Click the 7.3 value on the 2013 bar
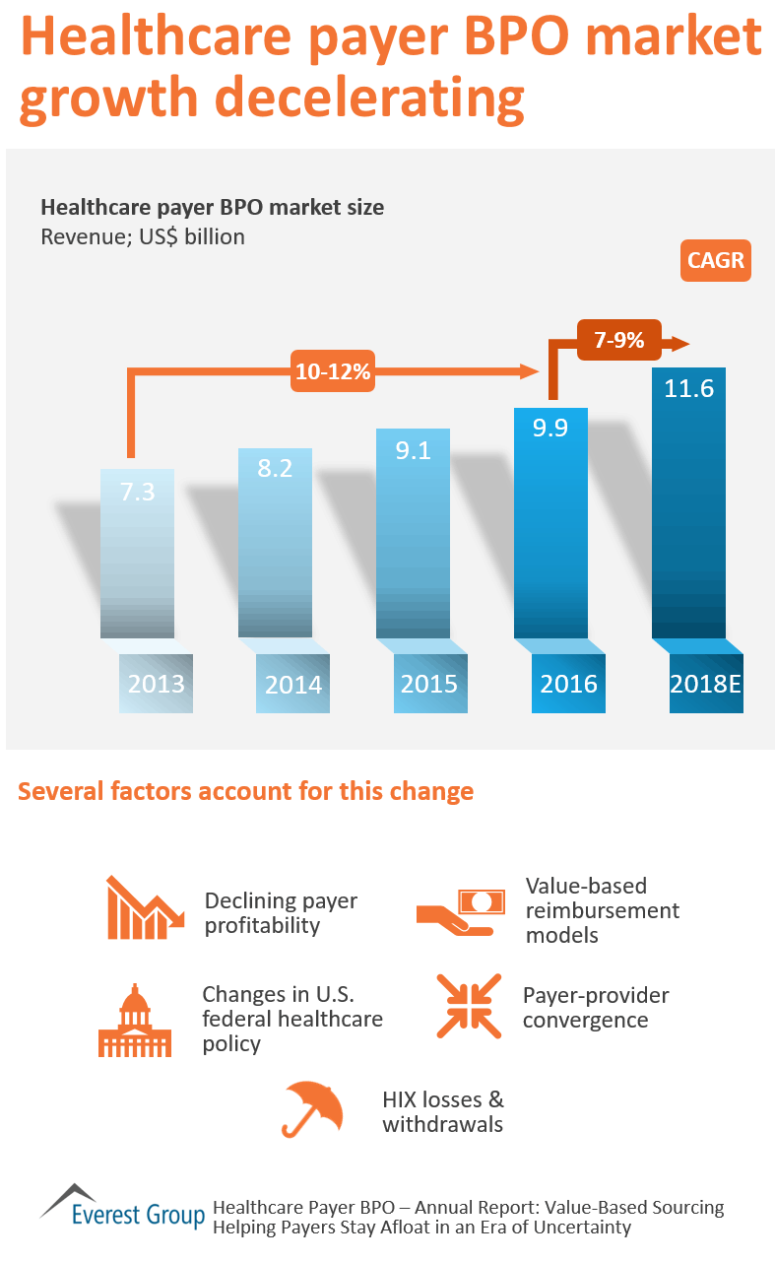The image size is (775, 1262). click(138, 492)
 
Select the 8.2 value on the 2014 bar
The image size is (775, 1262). click(275, 469)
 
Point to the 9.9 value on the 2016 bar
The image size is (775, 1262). click(550, 430)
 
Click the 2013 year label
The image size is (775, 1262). click(156, 683)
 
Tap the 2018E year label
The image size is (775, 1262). click(705, 683)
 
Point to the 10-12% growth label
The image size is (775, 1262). click(332, 371)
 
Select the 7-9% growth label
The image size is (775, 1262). click(619, 341)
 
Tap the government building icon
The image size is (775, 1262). click(134, 1021)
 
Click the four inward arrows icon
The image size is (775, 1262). click(461, 1007)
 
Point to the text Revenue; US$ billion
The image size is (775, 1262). click(142, 236)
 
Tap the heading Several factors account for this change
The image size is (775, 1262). click(246, 791)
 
